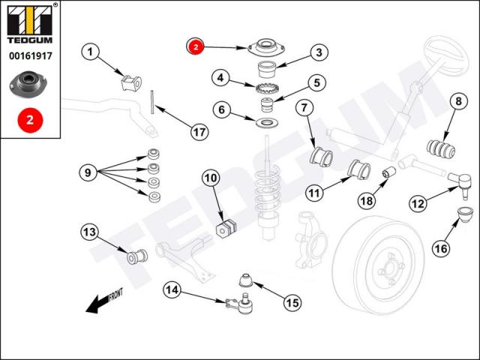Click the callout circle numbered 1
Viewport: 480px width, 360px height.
point(90,52)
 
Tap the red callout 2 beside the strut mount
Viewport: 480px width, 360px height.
point(195,46)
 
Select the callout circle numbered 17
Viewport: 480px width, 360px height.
point(199,132)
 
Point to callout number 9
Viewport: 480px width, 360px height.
point(88,173)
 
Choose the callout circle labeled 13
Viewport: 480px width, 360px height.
point(90,232)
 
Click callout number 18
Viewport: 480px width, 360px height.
point(367,201)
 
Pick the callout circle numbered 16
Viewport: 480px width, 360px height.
point(441,248)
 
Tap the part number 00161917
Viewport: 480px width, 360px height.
point(31,56)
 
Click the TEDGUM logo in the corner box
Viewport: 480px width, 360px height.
point(30,23)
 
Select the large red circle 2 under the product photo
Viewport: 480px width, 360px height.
point(30,120)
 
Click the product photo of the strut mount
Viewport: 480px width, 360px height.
point(28,83)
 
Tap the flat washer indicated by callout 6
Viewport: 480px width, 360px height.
point(267,123)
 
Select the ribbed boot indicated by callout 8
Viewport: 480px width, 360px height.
point(441,149)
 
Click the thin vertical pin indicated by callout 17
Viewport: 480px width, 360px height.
point(152,102)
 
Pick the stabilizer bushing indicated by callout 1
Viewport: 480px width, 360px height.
point(131,82)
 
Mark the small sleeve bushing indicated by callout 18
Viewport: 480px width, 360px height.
point(389,172)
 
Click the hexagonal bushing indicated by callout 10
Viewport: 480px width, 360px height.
point(226,228)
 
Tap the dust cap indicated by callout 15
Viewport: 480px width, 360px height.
point(245,280)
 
